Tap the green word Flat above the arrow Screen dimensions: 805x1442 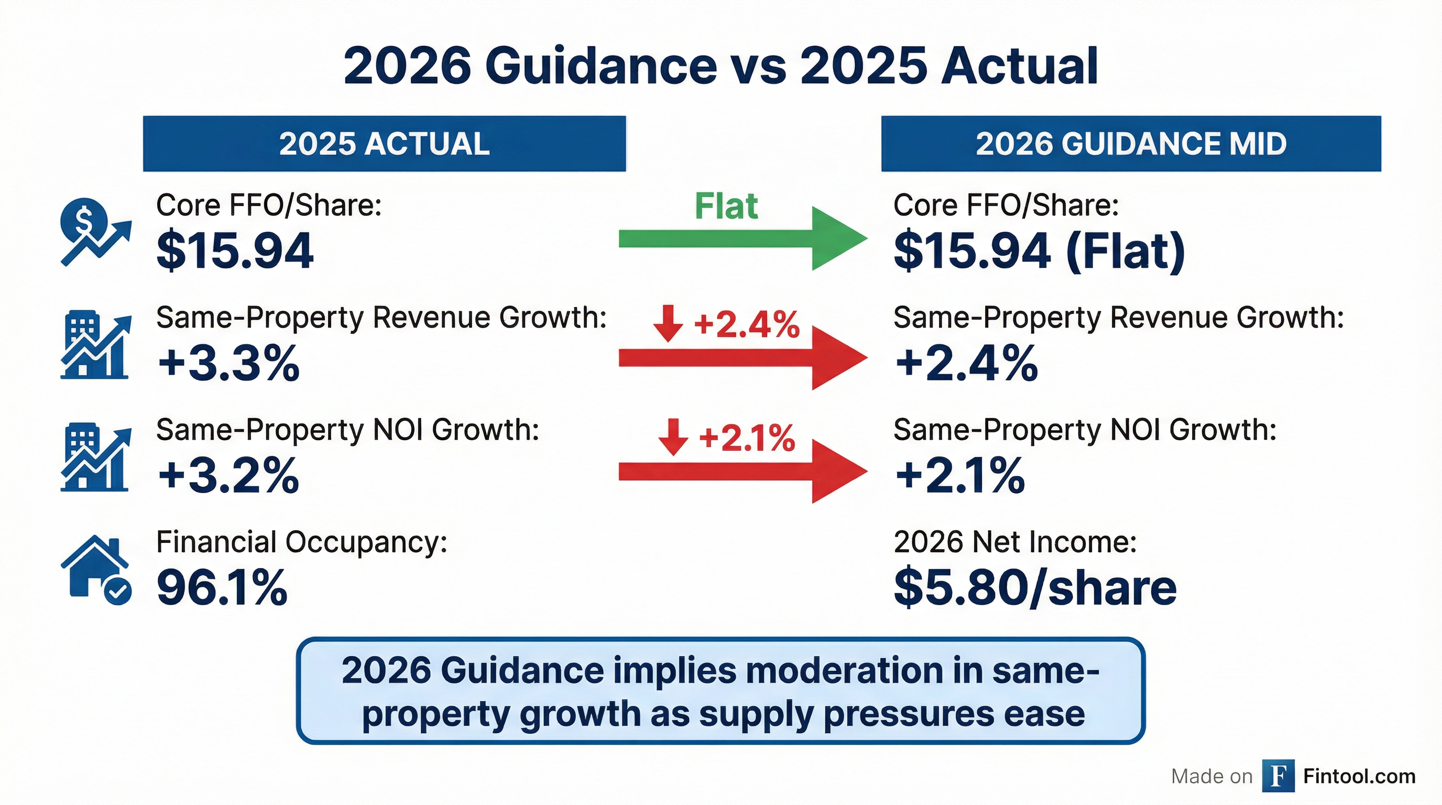pyautogui.click(x=726, y=206)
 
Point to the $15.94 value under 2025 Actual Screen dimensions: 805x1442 pyautogui.click(x=235, y=251)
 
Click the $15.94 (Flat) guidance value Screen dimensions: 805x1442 pyautogui.click(x=1039, y=251)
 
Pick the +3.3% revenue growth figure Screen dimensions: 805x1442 pyautogui.click(x=228, y=363)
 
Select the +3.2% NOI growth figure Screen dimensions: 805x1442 pyautogui.click(x=228, y=476)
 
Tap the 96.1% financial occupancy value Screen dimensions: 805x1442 pyautogui.click(x=222, y=588)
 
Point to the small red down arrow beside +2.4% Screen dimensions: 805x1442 pyautogui.click(x=668, y=323)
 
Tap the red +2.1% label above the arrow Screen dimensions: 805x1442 pyautogui.click(x=747, y=438)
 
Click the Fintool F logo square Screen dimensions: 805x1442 pyautogui.click(x=1278, y=776)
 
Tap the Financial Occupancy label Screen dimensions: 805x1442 pyautogui.click(x=302, y=542)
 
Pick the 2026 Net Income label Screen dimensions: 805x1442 pyautogui.click(x=1015, y=542)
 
